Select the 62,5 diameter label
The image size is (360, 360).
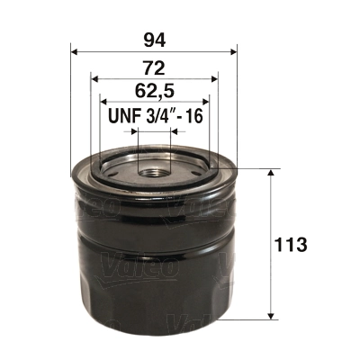(153, 91)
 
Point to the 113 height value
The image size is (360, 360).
(293, 244)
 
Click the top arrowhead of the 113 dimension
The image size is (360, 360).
(271, 171)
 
